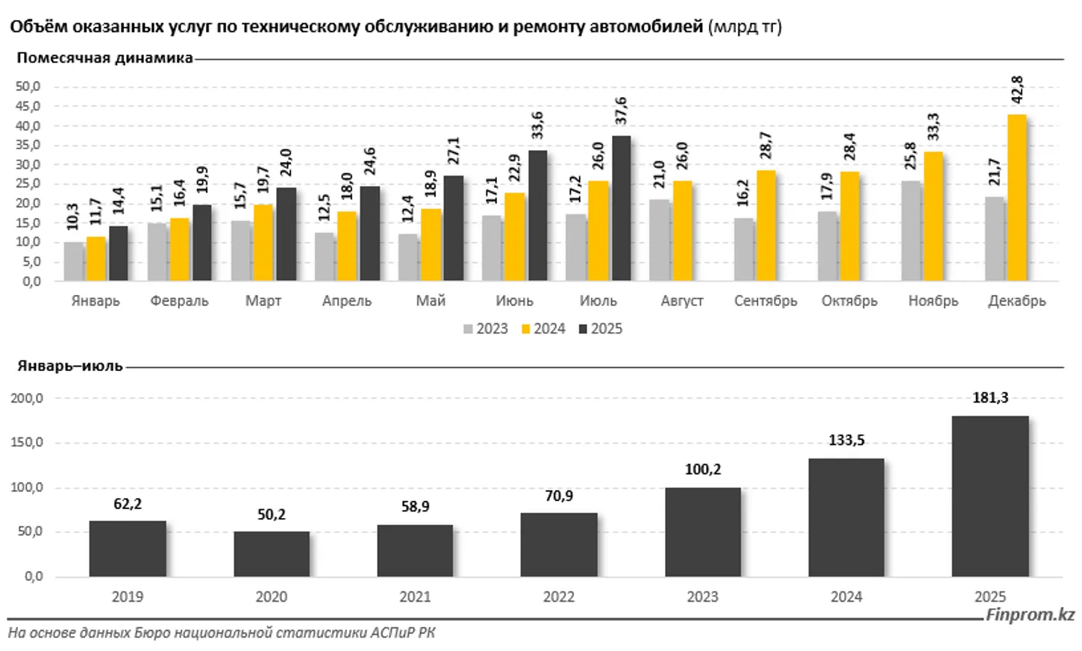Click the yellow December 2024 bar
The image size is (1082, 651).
point(1016,198)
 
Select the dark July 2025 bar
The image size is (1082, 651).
point(621,208)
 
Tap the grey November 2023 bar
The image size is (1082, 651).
point(911,231)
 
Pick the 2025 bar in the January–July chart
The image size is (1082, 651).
point(990,496)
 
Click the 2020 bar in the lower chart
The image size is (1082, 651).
point(272,554)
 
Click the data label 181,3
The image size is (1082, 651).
point(990,398)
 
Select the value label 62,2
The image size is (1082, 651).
point(128,505)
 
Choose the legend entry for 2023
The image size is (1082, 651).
point(486,329)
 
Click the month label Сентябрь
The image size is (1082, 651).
point(766,301)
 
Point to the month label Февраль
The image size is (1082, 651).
point(179,301)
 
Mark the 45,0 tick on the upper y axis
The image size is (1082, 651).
point(28,106)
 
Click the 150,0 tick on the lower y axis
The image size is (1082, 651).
point(28,443)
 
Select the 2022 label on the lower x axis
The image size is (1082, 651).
point(559,597)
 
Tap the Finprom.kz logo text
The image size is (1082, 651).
point(1031,615)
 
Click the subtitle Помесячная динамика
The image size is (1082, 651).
point(104,58)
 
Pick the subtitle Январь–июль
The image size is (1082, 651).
point(69,367)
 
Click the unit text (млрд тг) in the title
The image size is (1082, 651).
point(745,27)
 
